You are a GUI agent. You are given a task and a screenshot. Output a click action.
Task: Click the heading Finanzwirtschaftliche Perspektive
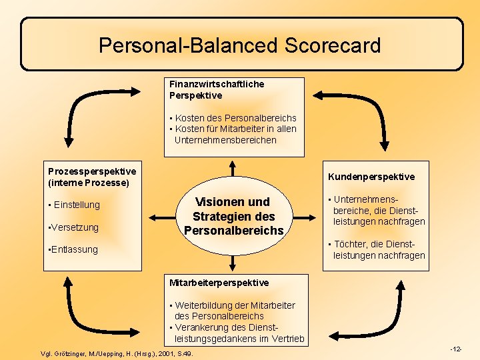(x=217, y=89)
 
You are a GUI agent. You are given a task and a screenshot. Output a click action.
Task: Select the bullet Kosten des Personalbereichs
(x=235, y=118)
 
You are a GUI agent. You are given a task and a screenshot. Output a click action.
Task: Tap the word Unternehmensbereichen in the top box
(x=225, y=140)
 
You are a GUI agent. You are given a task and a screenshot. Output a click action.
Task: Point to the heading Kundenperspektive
(x=371, y=177)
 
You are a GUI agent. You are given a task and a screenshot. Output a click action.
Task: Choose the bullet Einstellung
(x=76, y=205)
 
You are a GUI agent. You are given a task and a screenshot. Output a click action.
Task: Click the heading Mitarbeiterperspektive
(x=219, y=283)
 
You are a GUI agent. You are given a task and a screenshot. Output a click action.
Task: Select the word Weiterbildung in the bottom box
(x=204, y=305)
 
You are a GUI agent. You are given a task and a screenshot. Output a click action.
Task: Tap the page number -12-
(x=456, y=349)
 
